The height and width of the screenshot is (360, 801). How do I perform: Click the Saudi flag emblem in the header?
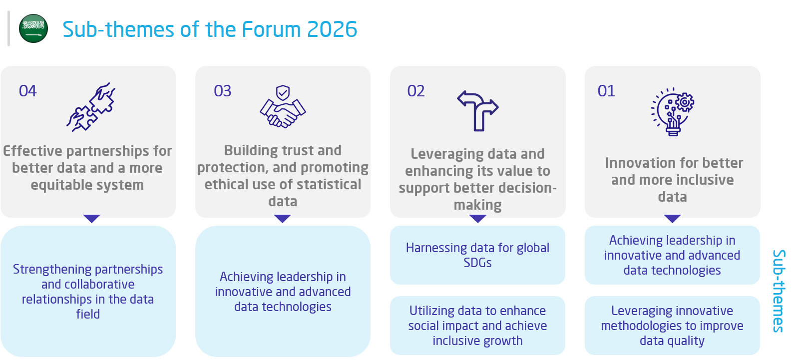click(x=33, y=28)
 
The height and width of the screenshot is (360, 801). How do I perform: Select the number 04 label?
click(x=27, y=91)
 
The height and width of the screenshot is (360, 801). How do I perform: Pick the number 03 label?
click(x=222, y=91)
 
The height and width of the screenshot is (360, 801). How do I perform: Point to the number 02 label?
click(x=416, y=91)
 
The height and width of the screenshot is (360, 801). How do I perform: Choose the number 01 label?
click(x=606, y=91)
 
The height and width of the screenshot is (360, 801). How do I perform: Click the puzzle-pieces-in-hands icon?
click(x=91, y=107)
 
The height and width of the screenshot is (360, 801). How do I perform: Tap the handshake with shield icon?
click(x=283, y=106)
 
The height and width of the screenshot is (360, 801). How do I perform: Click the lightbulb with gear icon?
click(x=672, y=111)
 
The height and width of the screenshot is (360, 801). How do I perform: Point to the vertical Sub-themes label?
click(x=779, y=291)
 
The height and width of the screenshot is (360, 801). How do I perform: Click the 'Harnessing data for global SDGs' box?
click(x=477, y=255)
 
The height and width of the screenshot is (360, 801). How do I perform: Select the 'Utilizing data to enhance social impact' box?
click(x=477, y=326)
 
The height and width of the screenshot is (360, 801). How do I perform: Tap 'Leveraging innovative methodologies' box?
click(x=672, y=326)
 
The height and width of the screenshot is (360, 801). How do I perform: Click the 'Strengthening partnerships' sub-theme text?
click(x=88, y=292)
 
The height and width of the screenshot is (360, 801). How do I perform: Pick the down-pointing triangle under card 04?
click(x=91, y=218)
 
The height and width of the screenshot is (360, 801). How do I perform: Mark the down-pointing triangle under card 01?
click(x=672, y=218)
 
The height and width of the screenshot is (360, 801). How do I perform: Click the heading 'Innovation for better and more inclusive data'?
click(x=674, y=179)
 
